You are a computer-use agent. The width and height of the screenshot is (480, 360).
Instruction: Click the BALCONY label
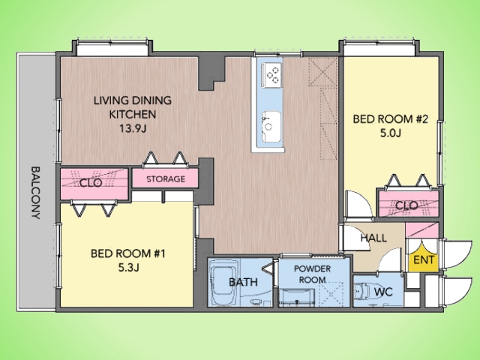point(36,193)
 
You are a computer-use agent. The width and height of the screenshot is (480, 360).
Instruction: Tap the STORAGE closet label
point(166,178)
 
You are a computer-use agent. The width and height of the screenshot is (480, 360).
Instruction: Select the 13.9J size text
point(133,128)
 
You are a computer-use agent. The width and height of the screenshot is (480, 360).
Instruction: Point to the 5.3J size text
point(128,268)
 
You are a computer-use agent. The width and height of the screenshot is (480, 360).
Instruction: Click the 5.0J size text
point(390,133)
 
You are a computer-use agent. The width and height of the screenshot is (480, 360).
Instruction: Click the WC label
point(383,292)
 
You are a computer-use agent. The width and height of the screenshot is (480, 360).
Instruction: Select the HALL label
point(373,238)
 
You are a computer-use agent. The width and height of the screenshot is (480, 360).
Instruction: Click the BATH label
point(243,282)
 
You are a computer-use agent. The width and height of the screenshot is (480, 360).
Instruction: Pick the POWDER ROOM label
point(312,274)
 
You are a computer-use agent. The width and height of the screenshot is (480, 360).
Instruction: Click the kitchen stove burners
point(271,75)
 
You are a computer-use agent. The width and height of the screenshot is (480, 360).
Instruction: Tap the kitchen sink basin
point(271,126)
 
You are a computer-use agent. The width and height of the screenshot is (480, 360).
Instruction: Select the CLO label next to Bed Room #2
point(406,205)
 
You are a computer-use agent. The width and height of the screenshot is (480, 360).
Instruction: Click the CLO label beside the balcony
point(91,183)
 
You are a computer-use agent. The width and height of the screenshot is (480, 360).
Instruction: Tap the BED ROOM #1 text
point(128,253)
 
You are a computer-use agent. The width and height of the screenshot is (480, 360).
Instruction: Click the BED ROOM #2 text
point(390,118)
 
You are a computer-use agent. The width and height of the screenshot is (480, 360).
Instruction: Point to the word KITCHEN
point(133,115)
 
